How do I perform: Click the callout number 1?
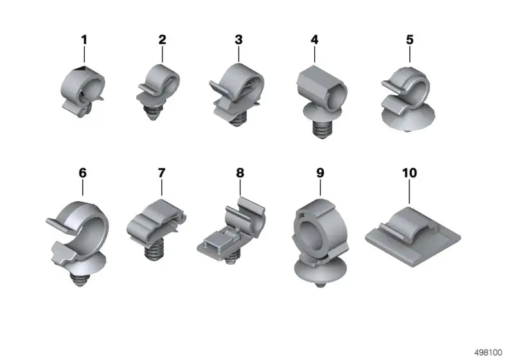84,40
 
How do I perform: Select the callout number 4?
314,40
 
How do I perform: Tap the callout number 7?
162,173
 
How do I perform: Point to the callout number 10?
409,173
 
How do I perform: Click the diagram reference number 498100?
488,352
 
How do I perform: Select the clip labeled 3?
236,94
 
